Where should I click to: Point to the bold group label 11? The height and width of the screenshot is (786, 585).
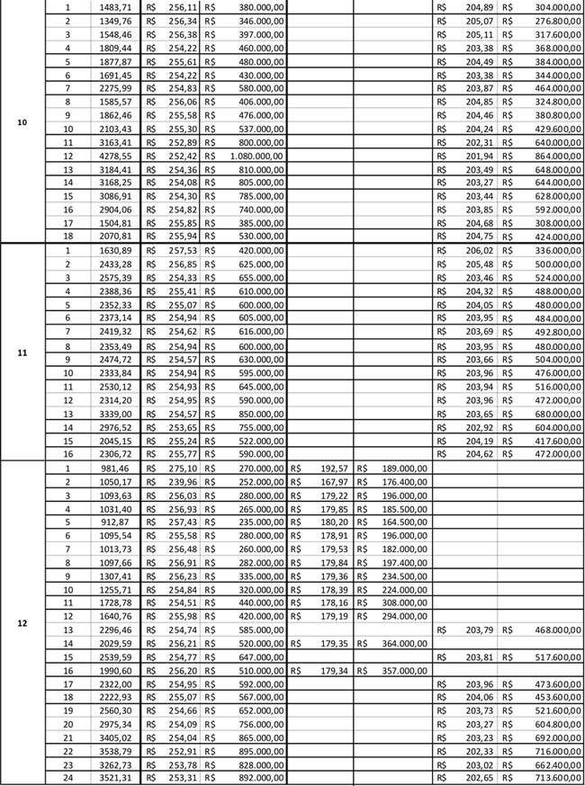click(22, 353)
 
